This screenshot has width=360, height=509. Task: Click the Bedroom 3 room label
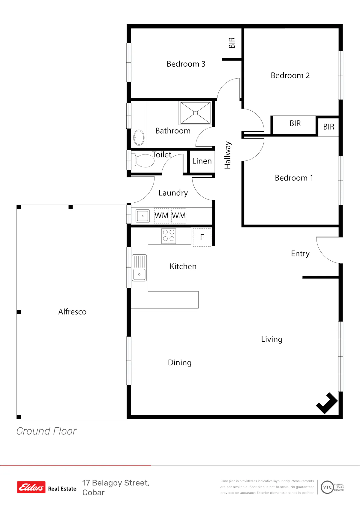186,64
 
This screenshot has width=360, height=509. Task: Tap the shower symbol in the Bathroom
196,113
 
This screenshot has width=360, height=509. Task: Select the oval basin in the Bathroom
139,137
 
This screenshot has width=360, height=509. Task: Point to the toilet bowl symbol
143,160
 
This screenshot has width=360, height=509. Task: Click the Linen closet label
202,161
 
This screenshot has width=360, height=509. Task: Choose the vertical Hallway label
227,155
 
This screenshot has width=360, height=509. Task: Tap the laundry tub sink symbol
142,216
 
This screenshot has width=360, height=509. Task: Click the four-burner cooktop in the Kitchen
169,236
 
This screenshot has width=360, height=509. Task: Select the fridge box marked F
202,237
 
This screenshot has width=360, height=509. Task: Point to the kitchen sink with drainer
139,268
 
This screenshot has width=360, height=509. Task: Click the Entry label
300,253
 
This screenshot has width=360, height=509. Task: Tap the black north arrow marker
327,403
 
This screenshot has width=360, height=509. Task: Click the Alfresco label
72,312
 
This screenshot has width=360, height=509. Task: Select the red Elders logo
31,487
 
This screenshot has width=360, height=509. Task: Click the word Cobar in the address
93,493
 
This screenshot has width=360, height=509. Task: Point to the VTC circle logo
327,487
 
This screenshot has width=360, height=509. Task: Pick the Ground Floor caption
46,431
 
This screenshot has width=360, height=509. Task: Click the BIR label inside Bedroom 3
232,43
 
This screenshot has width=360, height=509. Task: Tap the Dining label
179,363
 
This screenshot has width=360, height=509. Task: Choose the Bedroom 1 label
294,178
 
